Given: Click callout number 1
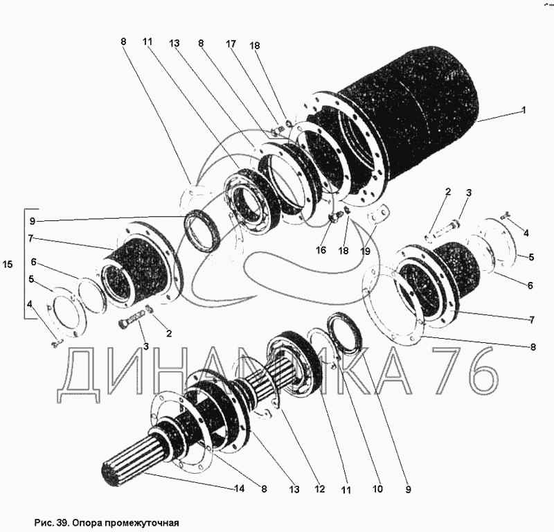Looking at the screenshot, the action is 524,110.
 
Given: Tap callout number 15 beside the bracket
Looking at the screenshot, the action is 8,264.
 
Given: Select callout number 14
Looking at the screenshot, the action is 239,488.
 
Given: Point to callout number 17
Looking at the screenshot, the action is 231,44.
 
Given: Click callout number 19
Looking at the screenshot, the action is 365,251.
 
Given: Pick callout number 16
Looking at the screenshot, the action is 321,250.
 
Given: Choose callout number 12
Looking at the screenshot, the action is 320,489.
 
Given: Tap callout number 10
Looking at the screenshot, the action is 377,489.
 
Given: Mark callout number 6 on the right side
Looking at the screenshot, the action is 530,285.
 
